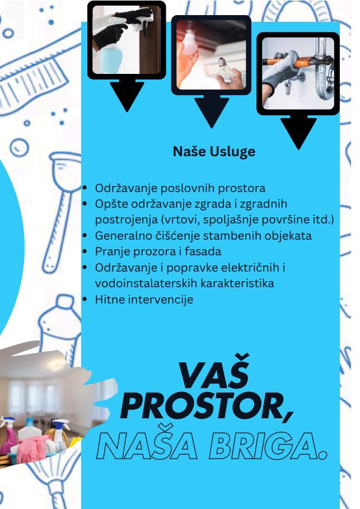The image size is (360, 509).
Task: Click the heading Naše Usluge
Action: point(214,152)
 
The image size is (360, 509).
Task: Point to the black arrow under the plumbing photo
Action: point(298,132)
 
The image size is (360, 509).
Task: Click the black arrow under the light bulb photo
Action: point(211,111)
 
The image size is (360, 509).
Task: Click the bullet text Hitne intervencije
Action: point(144,300)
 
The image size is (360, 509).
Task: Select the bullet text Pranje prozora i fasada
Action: point(158,251)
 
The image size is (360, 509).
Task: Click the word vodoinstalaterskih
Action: point(146,283)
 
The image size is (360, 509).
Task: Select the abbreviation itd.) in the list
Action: point(323,220)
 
